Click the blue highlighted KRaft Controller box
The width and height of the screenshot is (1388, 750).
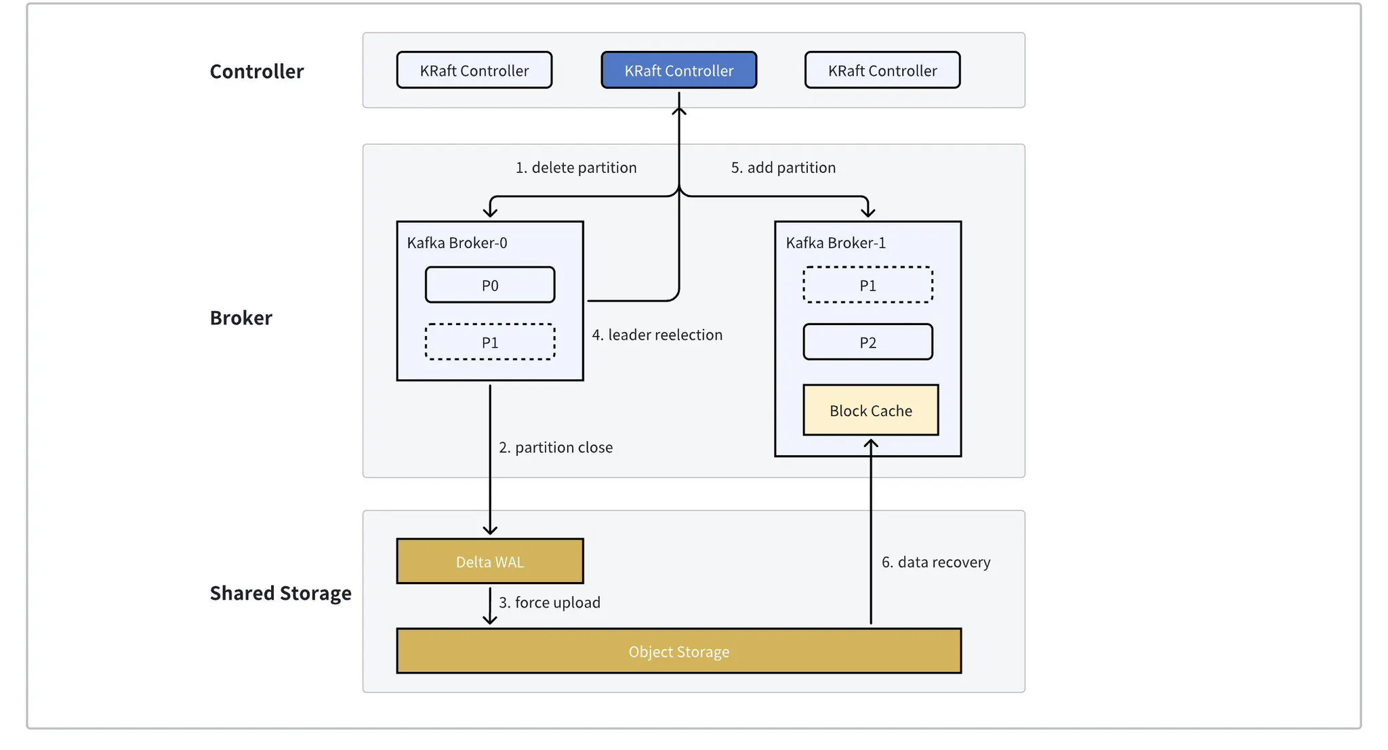coord(678,70)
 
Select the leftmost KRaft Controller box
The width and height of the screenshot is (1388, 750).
coord(474,70)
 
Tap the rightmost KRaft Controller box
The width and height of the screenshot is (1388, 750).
coord(882,70)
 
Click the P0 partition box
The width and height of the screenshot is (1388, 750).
coord(489,285)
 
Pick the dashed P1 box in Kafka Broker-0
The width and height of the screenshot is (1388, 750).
coord(489,342)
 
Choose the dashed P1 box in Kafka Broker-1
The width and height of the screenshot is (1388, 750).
coord(867,285)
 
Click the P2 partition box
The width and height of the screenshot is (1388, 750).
coord(867,342)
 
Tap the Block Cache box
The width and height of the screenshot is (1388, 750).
coord(870,411)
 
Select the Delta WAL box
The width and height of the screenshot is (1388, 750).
coord(489,562)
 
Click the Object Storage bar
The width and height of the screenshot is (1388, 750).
coord(678,651)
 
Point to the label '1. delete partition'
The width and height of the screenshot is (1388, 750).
coord(575,167)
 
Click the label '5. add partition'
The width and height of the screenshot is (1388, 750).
coord(783,167)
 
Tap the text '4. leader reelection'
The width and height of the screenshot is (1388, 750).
coord(657,335)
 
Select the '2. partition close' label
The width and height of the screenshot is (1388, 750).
coord(555,447)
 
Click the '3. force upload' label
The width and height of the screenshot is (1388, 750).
coord(549,602)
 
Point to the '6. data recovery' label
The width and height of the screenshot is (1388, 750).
coord(935,562)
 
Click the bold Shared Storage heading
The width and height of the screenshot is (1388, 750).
coord(280,593)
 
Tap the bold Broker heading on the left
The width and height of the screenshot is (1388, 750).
coord(241,318)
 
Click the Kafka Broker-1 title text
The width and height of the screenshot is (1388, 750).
coord(835,243)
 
